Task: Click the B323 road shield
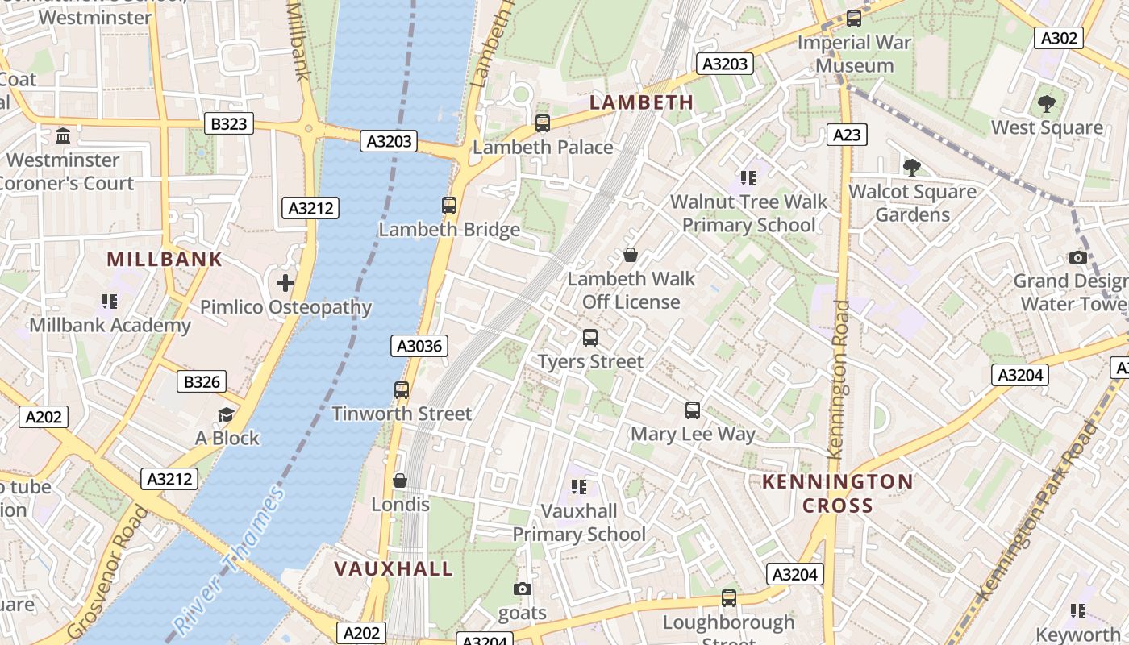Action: (230, 123)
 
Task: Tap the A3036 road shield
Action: (419, 346)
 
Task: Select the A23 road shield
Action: (847, 135)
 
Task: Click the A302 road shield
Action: (1059, 38)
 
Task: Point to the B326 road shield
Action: (202, 381)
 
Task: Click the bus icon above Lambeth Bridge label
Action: (449, 206)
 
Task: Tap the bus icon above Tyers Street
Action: (590, 338)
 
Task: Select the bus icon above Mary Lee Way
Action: (692, 410)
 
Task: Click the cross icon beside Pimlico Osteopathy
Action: (285, 283)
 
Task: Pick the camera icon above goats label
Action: (523, 589)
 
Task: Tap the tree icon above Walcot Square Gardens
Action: (912, 168)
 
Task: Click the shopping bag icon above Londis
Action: (399, 481)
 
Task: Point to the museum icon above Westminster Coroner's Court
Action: (63, 135)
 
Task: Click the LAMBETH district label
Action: (641, 102)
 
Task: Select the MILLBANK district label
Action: (165, 259)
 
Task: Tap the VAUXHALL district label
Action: (394, 568)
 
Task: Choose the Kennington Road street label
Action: (838, 379)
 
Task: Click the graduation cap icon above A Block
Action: (227, 414)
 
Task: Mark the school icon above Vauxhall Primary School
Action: (578, 486)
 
